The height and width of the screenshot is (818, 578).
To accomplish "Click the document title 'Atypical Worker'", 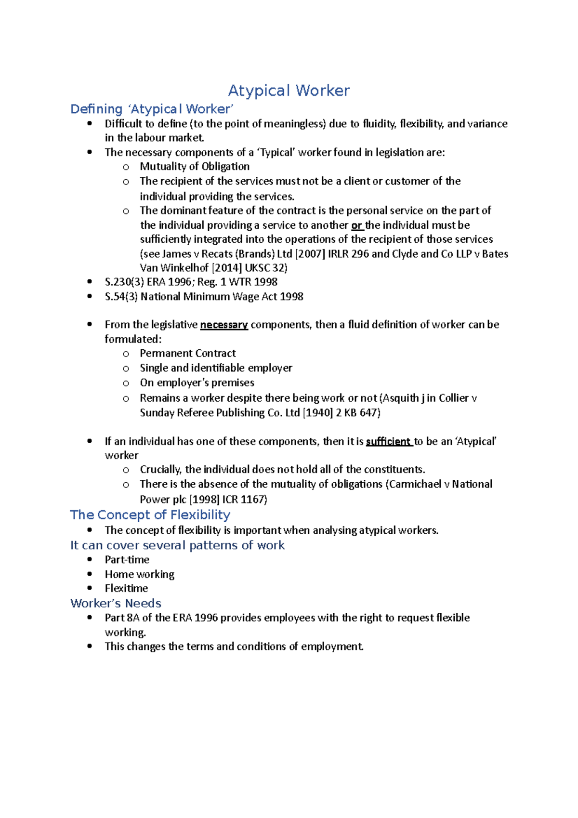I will (289, 91).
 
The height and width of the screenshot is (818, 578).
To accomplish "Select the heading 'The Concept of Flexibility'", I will (150, 515).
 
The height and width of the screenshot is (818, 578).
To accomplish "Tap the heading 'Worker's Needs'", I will (116, 603).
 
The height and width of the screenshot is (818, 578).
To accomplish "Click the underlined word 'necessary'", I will (224, 325).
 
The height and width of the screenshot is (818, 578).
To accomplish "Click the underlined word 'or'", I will (356, 225).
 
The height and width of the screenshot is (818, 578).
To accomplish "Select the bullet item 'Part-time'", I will (127, 560).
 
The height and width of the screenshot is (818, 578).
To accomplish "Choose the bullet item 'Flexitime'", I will (126, 588).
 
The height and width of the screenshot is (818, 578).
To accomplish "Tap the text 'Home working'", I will (140, 574).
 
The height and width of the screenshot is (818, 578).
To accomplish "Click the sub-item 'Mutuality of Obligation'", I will (195, 167).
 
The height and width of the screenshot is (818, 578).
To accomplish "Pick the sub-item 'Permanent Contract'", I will (188, 353).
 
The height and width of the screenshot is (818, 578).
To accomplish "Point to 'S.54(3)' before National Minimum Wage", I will (121, 297).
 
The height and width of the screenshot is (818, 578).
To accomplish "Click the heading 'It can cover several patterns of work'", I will (177, 545).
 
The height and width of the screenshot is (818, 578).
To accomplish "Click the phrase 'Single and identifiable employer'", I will (216, 368).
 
